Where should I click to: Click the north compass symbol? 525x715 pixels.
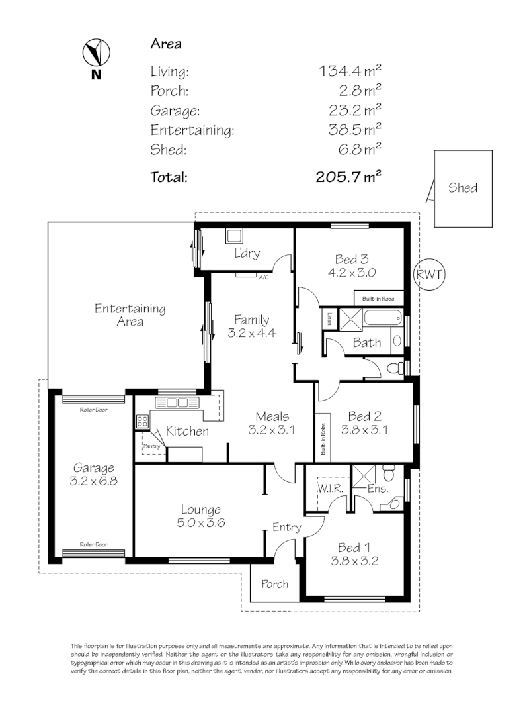pos(97,52)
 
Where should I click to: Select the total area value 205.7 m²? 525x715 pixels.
pos(350,177)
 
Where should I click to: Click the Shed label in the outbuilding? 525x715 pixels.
pos(463,187)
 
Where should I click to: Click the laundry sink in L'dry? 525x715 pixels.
pos(234,235)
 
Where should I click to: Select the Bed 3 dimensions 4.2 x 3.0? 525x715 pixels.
pos(352,272)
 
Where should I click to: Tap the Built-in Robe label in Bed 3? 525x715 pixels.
pos(378,299)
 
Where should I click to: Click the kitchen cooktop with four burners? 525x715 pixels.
pos(142,420)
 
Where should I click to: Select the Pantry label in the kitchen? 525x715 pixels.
pos(151,446)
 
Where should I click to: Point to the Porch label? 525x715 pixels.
pos(274,583)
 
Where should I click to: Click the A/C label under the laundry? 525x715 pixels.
pos(262,277)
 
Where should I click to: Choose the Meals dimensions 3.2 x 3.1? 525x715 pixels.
pos(272,430)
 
